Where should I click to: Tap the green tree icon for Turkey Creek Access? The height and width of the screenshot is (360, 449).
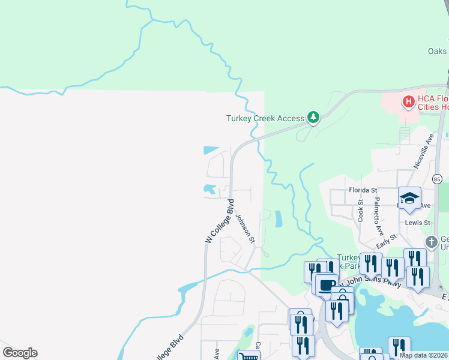312,117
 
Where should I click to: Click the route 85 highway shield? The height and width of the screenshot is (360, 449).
437,179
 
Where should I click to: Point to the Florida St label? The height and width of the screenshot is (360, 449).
363,190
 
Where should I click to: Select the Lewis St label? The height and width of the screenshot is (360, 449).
418,222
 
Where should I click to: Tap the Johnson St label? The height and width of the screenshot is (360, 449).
245,229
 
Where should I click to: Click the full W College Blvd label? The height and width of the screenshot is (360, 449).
219,222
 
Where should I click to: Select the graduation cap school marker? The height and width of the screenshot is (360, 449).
409,198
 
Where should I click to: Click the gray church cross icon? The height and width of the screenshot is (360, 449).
430,242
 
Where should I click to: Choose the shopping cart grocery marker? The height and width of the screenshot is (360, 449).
247,356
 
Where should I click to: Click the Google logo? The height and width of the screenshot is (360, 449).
20,353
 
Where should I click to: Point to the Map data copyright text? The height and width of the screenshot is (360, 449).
423,355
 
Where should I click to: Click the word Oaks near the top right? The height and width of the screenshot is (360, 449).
437,51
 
